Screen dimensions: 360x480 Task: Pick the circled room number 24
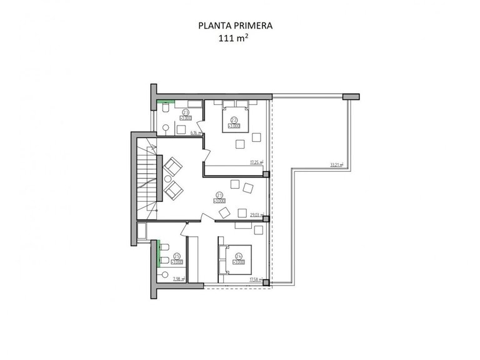point(238,255)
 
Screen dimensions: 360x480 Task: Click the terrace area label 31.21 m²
point(338,165)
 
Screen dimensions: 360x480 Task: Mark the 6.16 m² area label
point(195,132)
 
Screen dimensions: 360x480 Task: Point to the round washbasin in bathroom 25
point(165,274)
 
